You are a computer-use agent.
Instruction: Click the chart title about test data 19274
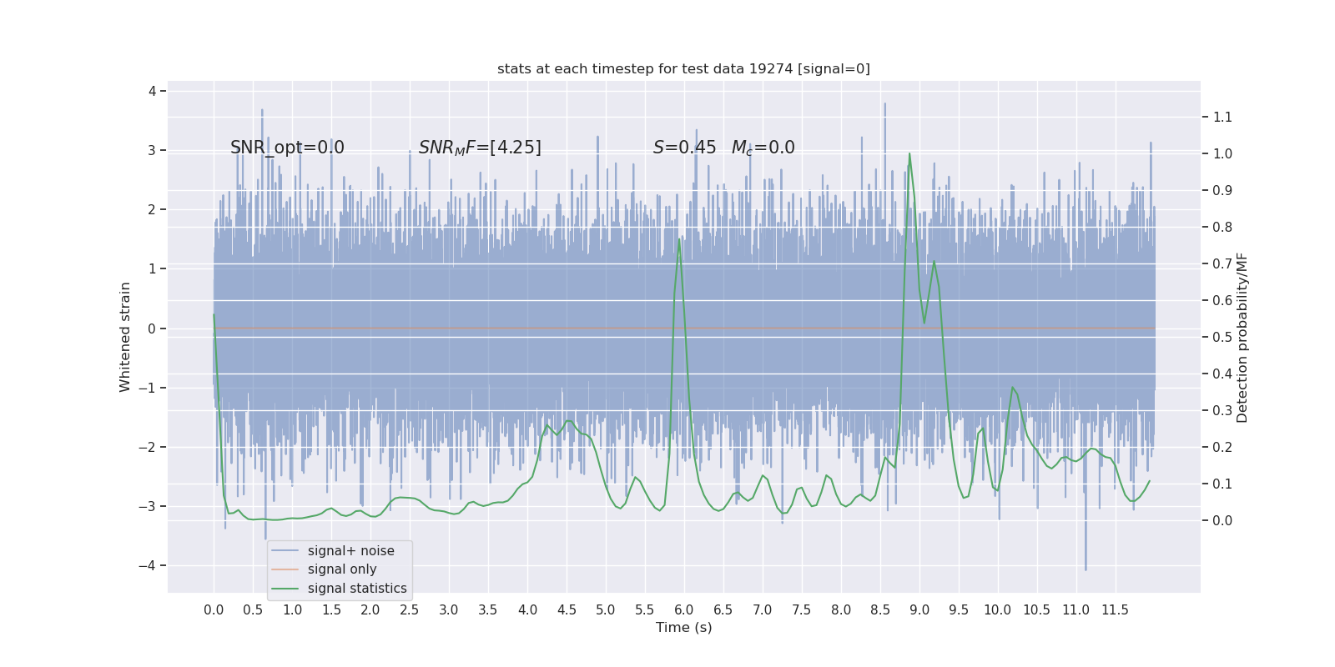tap(683, 69)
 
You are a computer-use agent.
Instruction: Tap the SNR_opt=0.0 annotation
tap(287, 148)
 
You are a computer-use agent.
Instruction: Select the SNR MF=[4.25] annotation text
tap(480, 148)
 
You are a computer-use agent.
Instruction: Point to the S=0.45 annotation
tap(684, 148)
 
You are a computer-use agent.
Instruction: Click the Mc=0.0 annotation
tap(763, 148)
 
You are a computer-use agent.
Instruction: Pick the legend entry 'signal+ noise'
tap(350, 551)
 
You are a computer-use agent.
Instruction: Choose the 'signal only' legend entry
tap(342, 569)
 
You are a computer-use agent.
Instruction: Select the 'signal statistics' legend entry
tap(357, 589)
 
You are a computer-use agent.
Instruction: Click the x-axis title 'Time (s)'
tap(683, 628)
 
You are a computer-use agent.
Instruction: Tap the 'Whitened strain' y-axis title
tap(125, 337)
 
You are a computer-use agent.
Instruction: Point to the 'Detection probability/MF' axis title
tap(1242, 337)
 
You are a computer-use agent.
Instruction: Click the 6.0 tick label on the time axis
tap(684, 610)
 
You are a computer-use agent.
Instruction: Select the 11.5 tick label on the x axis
tap(1115, 610)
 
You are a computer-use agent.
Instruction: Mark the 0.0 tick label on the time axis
tap(214, 610)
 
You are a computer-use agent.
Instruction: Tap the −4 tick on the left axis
tap(151, 566)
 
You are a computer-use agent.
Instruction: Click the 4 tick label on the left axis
tap(153, 91)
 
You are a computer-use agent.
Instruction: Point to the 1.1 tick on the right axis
tap(1222, 118)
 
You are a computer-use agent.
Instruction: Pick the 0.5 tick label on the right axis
tap(1222, 338)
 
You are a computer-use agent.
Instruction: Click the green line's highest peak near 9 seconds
tap(909, 153)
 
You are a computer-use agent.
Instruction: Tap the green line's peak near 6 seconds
tap(679, 240)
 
